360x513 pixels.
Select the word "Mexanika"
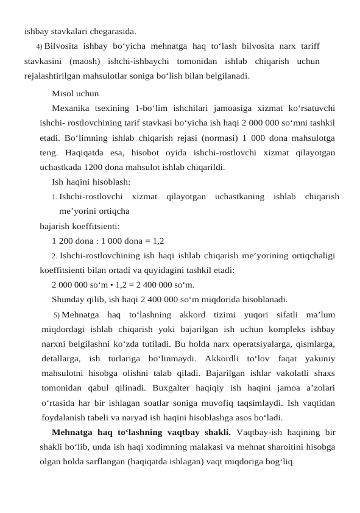69,108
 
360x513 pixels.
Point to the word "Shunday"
69,299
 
